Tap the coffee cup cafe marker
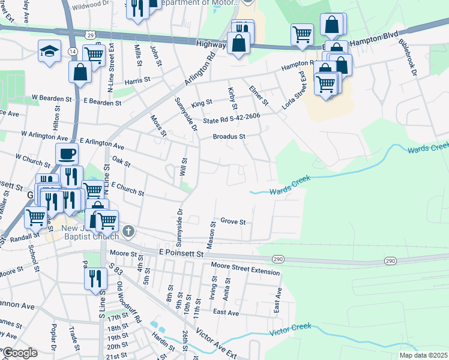[67, 154]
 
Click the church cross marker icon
[128, 231]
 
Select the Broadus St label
[230, 137]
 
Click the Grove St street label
[233, 221]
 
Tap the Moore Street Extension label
[245, 269]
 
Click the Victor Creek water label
[291, 329]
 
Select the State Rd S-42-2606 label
[231, 119]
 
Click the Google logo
[20, 353]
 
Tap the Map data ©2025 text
[423, 355]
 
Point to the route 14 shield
[72, 52]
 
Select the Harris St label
[137, 80]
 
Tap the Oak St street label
[121, 161]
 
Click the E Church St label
[127, 190]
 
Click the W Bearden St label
[52, 97]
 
